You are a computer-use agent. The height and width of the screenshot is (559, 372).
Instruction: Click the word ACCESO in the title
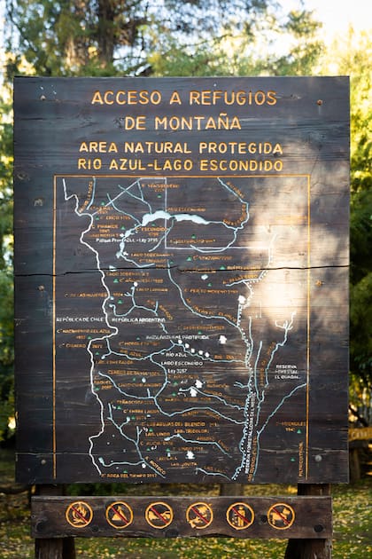126,98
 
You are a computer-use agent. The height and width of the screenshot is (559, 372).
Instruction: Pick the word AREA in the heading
97,148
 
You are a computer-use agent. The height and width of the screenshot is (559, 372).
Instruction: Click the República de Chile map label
80,319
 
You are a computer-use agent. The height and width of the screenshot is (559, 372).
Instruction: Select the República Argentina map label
138,319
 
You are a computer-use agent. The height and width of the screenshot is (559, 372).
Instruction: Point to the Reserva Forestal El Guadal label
286,371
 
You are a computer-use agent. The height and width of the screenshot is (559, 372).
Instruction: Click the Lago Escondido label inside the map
181,363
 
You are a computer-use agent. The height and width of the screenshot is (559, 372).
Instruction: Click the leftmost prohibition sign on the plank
79,514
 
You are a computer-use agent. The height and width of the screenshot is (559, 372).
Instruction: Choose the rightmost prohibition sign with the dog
281,515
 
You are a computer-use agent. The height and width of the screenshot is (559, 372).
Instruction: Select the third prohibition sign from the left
159,515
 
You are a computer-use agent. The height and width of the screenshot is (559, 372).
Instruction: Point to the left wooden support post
54,546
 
